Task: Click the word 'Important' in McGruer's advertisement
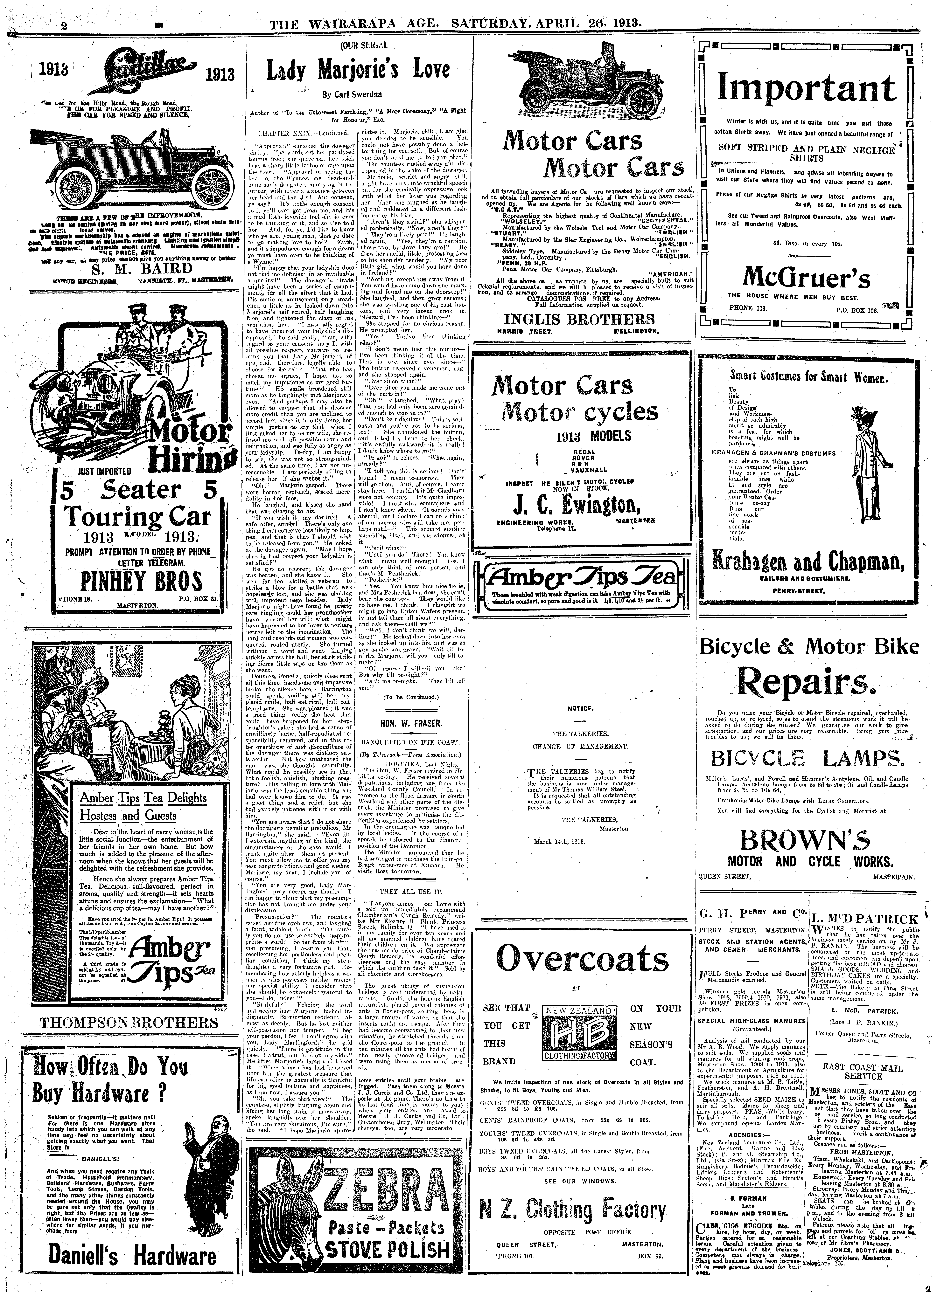tap(807, 89)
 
